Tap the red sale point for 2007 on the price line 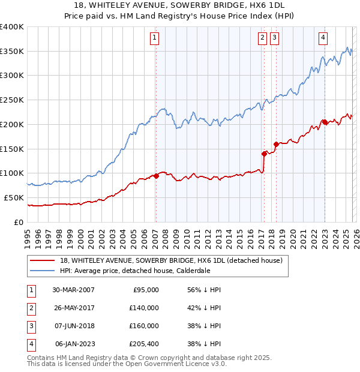[156, 176]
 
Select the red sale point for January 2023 [325, 122]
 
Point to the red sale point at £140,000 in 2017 [264, 154]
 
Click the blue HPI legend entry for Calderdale [135, 271]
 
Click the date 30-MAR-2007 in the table [73, 290]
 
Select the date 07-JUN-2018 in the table [73, 326]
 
